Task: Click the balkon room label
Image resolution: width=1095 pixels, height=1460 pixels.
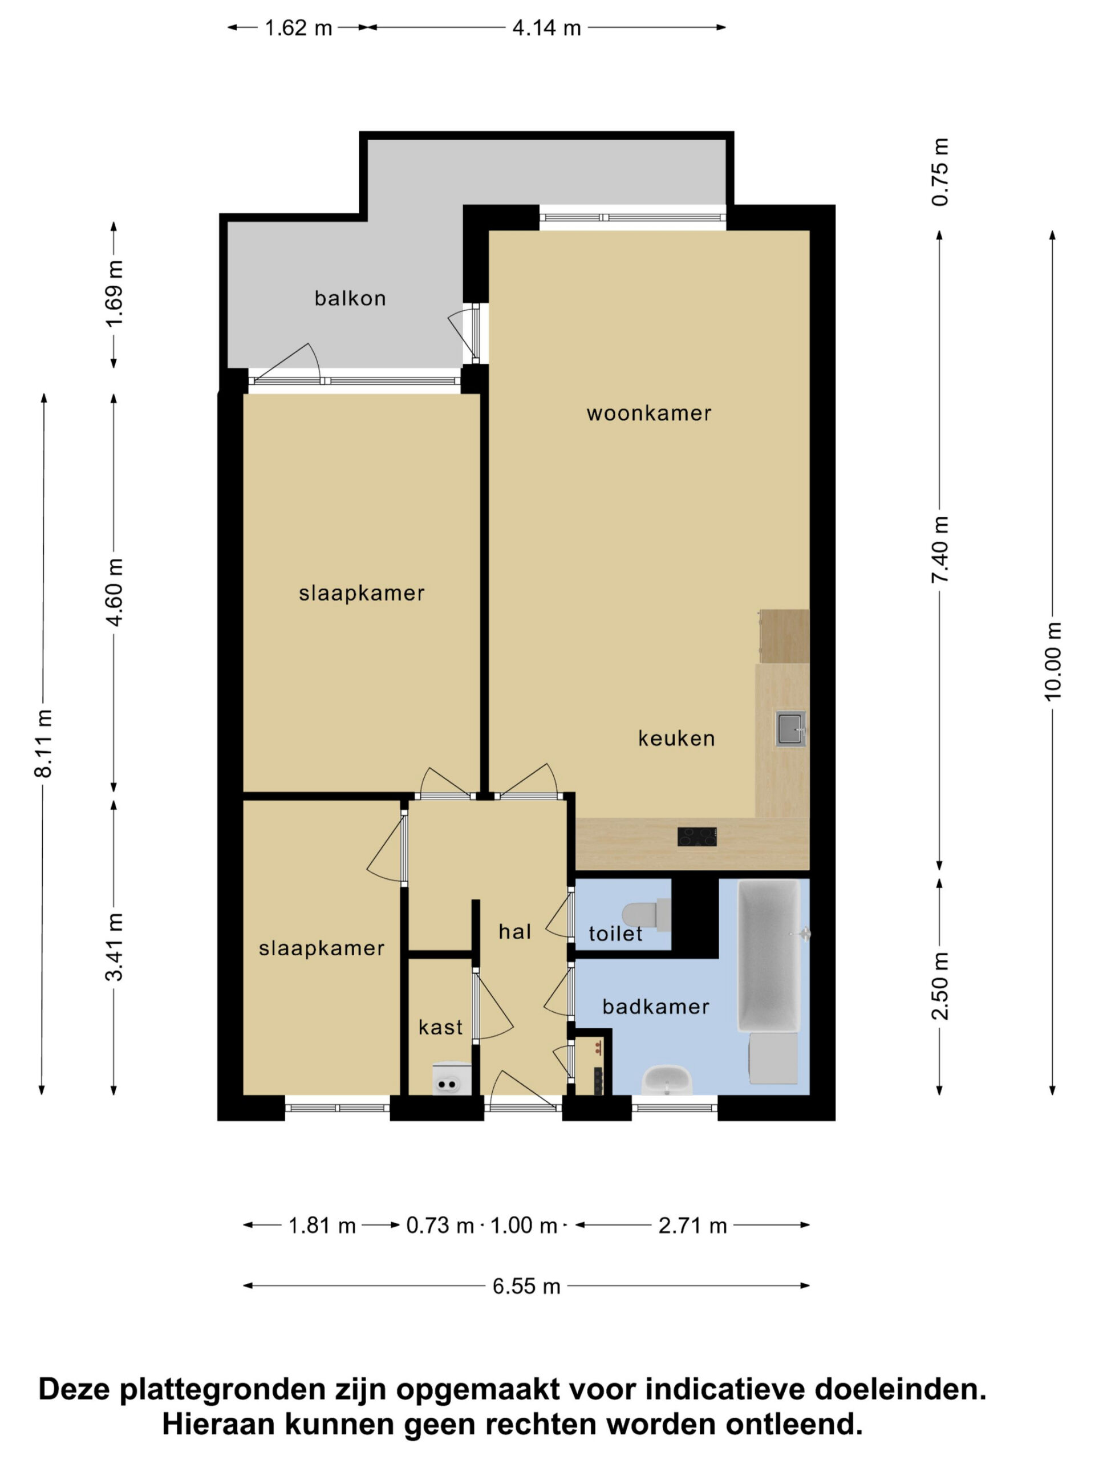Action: [350, 298]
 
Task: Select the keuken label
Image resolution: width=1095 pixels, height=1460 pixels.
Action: [676, 738]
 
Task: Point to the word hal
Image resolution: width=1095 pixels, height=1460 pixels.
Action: [515, 931]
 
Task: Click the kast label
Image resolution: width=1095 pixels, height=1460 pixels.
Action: [440, 1027]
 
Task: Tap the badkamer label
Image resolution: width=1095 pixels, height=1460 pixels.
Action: [655, 1007]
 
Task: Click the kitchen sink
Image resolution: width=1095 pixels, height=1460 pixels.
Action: [790, 729]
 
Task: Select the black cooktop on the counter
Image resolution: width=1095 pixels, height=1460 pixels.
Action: [697, 836]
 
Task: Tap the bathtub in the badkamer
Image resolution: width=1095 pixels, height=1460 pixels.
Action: [769, 956]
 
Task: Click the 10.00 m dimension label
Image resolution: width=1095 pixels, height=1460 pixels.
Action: [1053, 660]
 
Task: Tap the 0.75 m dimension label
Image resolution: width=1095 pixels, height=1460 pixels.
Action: [940, 172]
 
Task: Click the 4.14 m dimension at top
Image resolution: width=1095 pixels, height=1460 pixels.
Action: [546, 28]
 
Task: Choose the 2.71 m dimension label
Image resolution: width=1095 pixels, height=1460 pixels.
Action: [692, 1226]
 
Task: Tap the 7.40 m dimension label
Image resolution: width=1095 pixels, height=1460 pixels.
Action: [940, 550]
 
